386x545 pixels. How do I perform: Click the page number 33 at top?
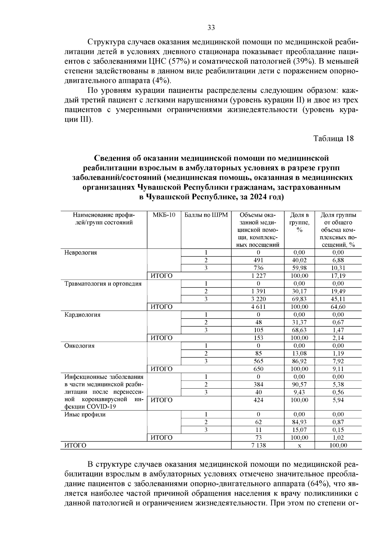[x=211, y=28]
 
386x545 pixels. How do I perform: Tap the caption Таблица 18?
[x=333, y=138]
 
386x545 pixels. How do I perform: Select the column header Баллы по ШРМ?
[x=206, y=215]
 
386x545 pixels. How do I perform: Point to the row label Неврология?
[x=81, y=252]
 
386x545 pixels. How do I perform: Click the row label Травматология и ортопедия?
[x=103, y=284]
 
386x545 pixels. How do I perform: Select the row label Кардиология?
[x=82, y=315]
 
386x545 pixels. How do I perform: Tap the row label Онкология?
[x=79, y=346]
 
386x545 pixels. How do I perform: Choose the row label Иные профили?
[x=85, y=414]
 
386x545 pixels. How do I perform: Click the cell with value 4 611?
[x=258, y=307]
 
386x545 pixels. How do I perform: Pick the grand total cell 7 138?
[x=258, y=445]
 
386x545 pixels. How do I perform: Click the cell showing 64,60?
[x=338, y=307]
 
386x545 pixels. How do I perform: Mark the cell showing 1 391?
[x=258, y=291]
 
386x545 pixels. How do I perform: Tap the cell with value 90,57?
[x=299, y=384]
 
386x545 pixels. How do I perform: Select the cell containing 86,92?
[x=299, y=361]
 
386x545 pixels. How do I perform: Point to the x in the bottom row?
[x=299, y=445]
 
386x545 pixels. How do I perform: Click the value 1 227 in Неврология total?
[x=258, y=276]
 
